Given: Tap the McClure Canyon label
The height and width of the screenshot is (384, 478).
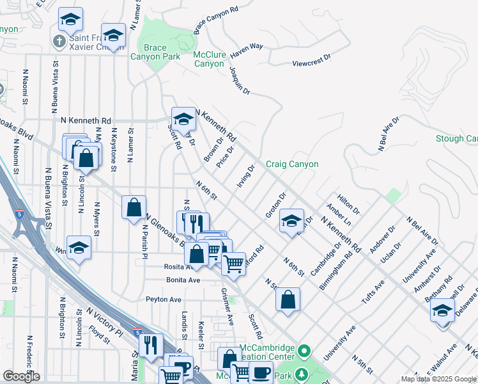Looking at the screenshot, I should [x=209, y=59].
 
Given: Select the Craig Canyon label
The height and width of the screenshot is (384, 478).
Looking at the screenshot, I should [x=292, y=164].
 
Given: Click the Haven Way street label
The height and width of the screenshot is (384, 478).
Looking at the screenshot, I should [x=246, y=46].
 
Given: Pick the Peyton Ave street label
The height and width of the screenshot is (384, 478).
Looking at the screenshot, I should [x=164, y=299].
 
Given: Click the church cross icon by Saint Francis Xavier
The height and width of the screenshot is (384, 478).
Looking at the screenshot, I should [x=59, y=42].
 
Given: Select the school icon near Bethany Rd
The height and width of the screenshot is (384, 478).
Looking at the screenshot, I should [x=442, y=310].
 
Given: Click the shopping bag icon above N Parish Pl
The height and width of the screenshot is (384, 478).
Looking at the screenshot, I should [x=134, y=207].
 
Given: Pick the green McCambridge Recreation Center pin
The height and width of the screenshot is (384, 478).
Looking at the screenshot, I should [x=304, y=351].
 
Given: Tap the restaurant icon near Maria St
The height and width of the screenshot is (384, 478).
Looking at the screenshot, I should [x=150, y=345].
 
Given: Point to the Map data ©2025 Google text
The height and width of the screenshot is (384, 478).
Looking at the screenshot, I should [x=438, y=379].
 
